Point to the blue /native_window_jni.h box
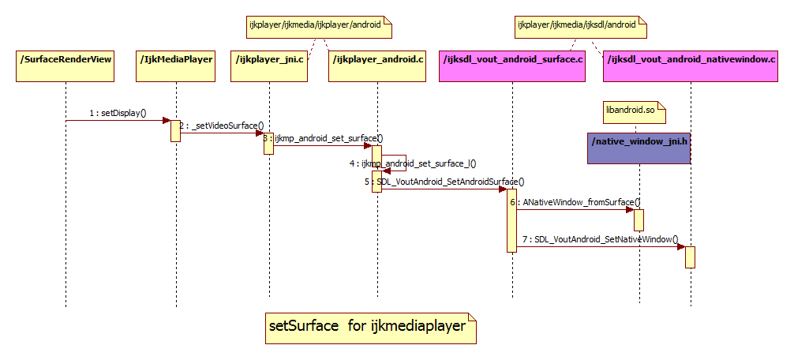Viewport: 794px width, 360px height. (639, 148)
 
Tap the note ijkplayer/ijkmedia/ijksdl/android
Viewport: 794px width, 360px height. (580, 26)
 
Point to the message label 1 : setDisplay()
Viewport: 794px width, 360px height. (118, 113)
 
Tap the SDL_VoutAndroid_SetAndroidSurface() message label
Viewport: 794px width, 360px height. (444, 182)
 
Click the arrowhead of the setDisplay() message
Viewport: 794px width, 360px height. (167, 121)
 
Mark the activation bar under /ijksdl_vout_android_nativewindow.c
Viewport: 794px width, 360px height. (690, 257)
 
